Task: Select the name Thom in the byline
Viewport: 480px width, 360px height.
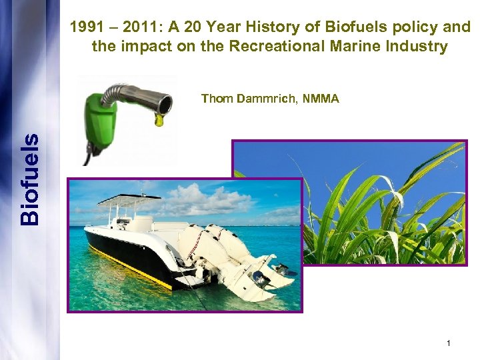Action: (217, 99)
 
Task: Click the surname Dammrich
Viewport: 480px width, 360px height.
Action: (266, 99)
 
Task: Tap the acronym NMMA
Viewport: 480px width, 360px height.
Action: (320, 99)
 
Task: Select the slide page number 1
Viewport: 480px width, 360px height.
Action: (449, 343)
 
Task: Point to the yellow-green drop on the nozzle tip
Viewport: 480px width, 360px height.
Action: (159, 119)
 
